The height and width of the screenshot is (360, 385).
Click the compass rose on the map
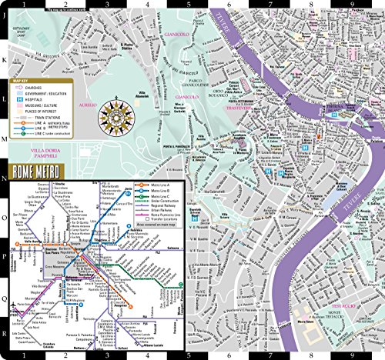[x=118, y=108]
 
